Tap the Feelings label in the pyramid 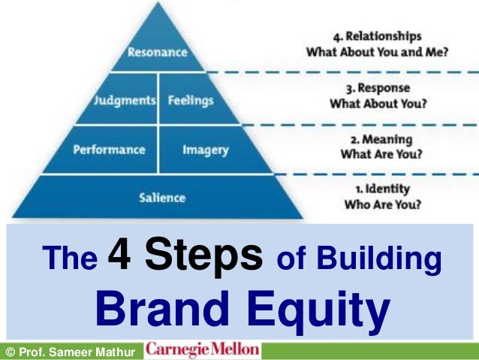[x=191, y=100]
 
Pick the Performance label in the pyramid [x=109, y=150]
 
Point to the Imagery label [x=205, y=150]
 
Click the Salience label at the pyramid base [x=162, y=198]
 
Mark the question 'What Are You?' [x=381, y=156]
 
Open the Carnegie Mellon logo [x=203, y=350]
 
